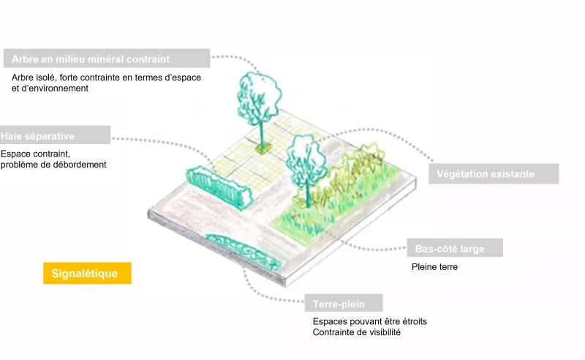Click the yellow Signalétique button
tap(87, 273)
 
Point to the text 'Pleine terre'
tap(434, 266)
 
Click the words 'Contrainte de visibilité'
tap(356, 332)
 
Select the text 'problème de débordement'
tap(53, 165)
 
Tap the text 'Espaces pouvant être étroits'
tap(370, 321)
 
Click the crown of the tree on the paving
tap(260, 98)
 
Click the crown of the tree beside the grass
tap(306, 159)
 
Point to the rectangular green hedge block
tap(219, 187)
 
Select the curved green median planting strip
tap(244, 251)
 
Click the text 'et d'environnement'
tap(50, 88)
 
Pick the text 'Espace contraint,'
tap(35, 154)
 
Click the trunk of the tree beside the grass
tap(308, 193)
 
